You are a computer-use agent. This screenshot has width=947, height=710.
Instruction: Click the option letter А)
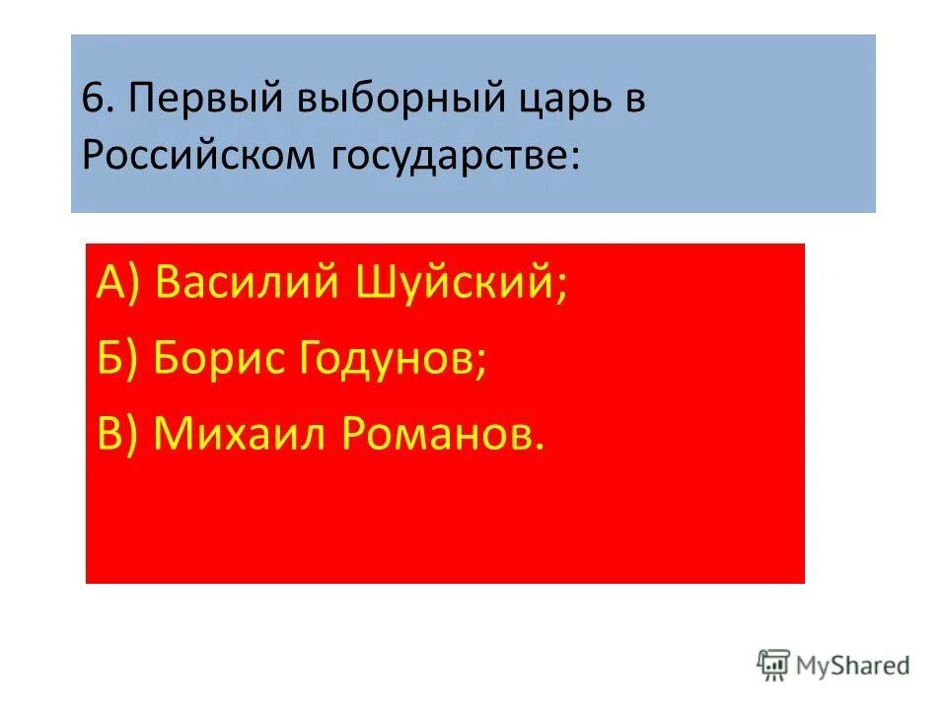coord(120,286)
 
